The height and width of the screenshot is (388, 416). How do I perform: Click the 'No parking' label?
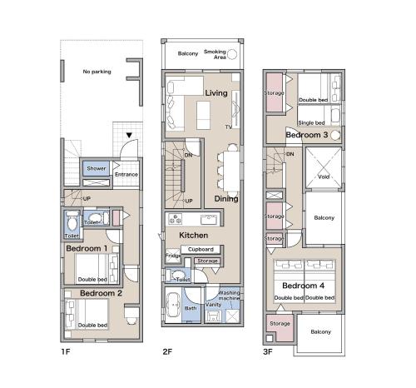click(97, 72)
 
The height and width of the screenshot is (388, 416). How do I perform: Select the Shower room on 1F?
click(96, 169)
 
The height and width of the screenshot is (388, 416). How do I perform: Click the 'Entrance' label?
click(126, 175)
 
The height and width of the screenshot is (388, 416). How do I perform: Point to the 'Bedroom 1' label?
click(87, 249)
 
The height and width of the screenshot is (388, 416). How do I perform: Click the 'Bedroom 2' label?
click(102, 294)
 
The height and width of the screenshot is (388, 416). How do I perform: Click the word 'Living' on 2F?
click(216, 92)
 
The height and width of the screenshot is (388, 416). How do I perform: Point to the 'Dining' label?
click(226, 199)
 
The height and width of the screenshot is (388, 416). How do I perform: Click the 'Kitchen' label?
click(194, 236)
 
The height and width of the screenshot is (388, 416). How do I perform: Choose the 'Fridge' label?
click(172, 256)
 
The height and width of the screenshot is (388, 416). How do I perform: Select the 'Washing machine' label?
click(230, 296)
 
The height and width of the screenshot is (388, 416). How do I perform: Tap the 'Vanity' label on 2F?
click(212, 305)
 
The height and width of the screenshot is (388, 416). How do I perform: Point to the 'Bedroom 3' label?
click(305, 135)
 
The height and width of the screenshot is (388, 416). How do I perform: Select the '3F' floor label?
click(268, 351)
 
